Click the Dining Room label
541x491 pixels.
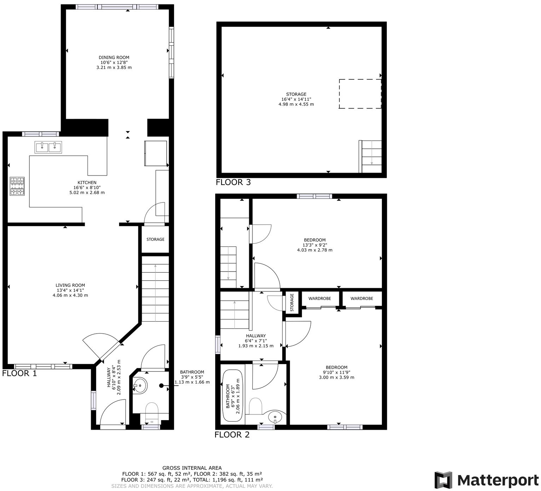tap(114, 57)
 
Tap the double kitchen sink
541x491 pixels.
tap(48, 147)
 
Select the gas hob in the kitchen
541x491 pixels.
tap(17, 186)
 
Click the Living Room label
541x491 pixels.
tap(70, 285)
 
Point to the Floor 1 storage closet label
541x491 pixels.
tap(155, 239)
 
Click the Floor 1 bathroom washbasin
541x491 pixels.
tap(140, 386)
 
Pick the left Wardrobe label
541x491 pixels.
tap(319, 298)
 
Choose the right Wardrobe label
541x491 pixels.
tap(362, 298)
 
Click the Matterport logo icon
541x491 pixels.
tap(443, 480)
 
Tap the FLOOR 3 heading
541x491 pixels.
tap(233, 182)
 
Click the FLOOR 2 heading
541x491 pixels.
tap(232, 435)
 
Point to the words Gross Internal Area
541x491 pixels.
tap(192, 468)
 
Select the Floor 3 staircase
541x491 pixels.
tap(370, 156)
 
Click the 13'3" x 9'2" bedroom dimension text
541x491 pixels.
tap(315, 245)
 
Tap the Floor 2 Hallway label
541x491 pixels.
tap(256, 336)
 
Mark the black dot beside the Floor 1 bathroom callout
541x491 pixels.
tap(161, 386)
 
